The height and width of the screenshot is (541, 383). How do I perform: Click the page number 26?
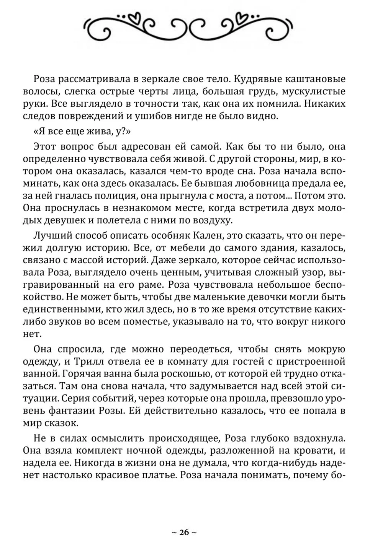click(184, 532)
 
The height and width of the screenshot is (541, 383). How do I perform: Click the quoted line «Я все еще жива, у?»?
click(82, 131)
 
